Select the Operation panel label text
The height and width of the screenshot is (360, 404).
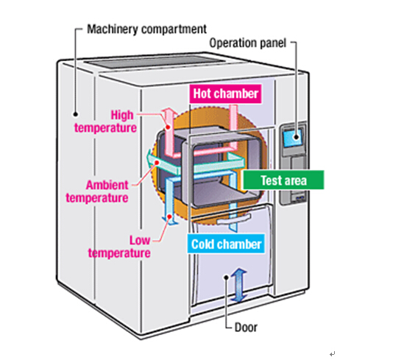(248, 42)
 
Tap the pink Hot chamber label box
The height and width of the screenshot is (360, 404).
(226, 93)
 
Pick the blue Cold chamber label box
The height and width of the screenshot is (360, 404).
(227, 244)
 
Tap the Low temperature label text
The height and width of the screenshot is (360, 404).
(119, 247)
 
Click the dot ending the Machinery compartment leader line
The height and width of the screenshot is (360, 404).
(74, 114)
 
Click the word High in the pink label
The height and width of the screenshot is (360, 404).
(124, 115)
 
